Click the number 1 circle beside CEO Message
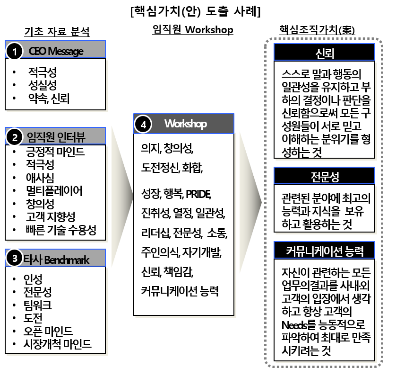(x=15, y=52)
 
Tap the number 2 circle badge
(x=15, y=138)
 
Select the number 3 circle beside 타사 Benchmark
(x=15, y=259)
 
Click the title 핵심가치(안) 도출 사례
(x=195, y=11)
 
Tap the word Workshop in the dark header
(x=185, y=124)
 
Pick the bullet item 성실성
(x=42, y=85)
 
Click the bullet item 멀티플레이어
(x=54, y=191)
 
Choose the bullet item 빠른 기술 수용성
(x=61, y=231)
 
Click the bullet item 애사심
(x=40, y=178)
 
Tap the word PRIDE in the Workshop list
(x=198, y=194)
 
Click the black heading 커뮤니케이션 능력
(x=325, y=250)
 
